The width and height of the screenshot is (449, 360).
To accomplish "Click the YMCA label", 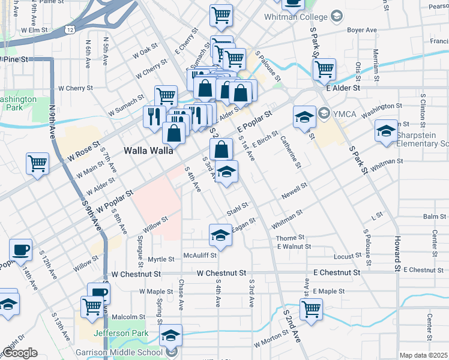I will coord(345,113).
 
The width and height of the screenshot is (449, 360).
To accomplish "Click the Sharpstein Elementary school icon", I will coord(385,130).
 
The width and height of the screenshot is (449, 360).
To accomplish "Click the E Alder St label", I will coord(343,88).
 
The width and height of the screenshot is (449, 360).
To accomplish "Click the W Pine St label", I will coord(14,59).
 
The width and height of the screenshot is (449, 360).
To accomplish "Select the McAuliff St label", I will coord(200,254).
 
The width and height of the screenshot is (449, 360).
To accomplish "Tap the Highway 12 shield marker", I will coord(71,28).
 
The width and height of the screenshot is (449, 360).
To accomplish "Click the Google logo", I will coord(20,353).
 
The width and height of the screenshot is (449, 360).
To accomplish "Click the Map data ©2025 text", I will coord(424,355).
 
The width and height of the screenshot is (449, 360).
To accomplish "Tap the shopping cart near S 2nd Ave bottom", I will coord(310,308).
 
